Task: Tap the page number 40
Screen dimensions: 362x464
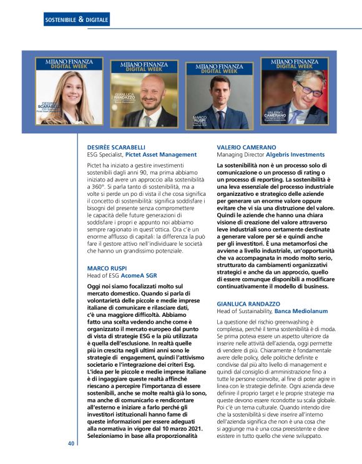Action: (71, 443)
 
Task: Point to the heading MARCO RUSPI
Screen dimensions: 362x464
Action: (106, 268)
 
